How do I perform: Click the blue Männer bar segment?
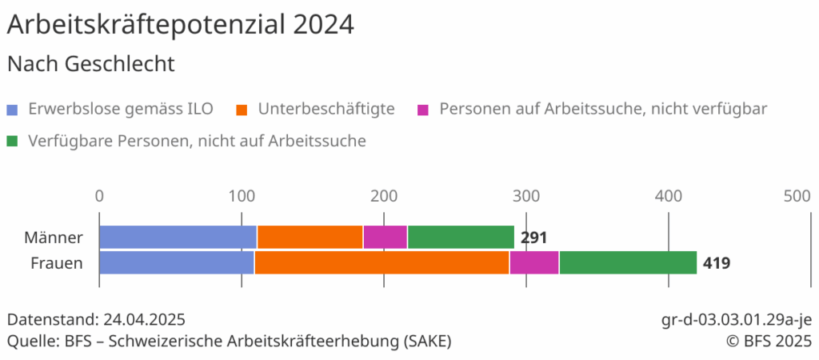(x=178, y=238)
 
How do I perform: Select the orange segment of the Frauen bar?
(x=382, y=262)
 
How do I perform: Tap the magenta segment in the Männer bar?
(x=385, y=238)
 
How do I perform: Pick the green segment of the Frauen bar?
(x=628, y=262)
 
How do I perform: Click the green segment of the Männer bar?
(x=461, y=238)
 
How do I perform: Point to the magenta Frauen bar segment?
(x=534, y=262)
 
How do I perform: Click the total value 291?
(x=533, y=238)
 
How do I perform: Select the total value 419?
(x=716, y=262)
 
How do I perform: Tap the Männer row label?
(x=54, y=238)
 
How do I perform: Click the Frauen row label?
(x=57, y=262)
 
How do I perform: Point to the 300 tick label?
(x=525, y=196)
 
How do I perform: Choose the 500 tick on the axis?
(x=797, y=196)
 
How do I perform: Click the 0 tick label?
(x=99, y=196)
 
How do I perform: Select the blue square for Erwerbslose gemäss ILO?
(x=12, y=109)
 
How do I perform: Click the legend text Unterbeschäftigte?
(x=326, y=109)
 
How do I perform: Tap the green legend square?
(x=12, y=142)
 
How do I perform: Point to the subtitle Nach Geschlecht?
(x=90, y=63)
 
